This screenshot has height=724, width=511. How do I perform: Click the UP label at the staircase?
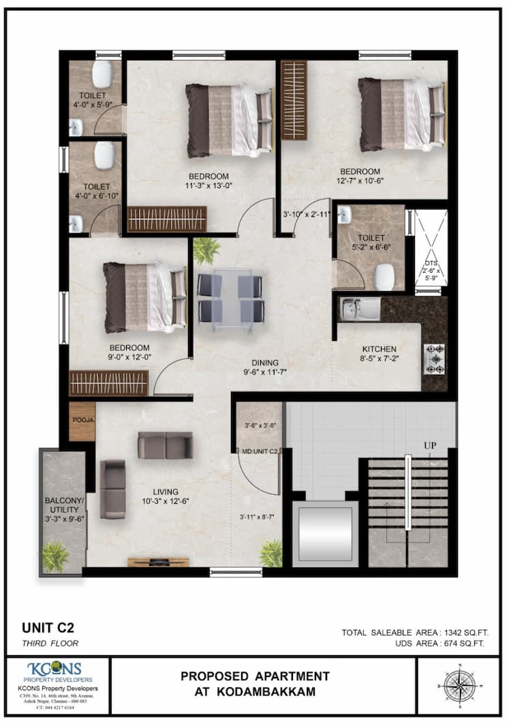[x=430, y=445]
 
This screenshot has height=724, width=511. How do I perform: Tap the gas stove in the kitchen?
[x=434, y=359]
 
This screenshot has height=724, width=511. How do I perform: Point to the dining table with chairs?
[x=230, y=297]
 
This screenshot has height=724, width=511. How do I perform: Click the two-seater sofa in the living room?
[x=165, y=444]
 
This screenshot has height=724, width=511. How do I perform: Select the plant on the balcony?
[x=55, y=556]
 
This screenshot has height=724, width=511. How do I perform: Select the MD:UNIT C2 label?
[x=260, y=451]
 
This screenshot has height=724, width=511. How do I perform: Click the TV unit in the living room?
[x=149, y=562]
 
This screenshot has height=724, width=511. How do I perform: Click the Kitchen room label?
[x=379, y=349]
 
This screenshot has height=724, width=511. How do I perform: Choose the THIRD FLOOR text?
[x=50, y=643]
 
